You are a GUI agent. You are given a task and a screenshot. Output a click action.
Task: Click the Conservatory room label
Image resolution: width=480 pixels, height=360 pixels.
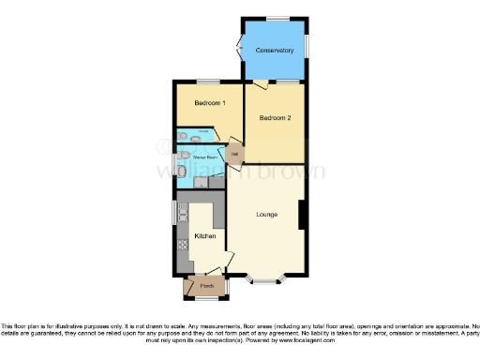tap(275, 50)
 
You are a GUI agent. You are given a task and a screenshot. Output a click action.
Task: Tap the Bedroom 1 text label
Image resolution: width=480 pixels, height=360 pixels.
tap(208, 102)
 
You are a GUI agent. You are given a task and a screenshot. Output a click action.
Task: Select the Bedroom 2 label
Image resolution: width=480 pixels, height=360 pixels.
tap(275, 118)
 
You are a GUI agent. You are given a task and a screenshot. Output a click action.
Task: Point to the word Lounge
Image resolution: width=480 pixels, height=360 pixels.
tap(267, 215)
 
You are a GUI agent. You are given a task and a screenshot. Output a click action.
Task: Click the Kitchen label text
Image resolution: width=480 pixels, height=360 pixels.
tap(204, 235)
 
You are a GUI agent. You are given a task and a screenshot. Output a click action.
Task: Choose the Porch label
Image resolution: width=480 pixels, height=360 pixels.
tap(206, 285)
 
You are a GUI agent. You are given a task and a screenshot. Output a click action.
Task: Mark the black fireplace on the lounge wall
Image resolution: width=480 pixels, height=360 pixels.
tap(301, 215)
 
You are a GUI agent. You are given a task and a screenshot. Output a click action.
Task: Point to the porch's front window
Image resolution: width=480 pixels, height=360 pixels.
tap(206, 300)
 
